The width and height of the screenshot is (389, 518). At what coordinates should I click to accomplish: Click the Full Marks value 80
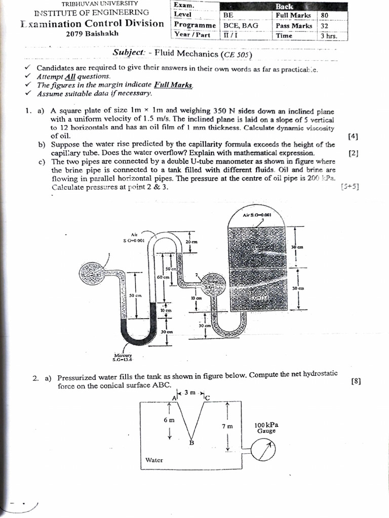pos(325,15)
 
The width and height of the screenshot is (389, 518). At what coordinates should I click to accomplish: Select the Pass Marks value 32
pos(325,25)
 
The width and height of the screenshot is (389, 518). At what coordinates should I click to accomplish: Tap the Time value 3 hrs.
pos(328,35)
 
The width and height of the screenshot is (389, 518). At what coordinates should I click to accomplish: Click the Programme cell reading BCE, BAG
pos(241,25)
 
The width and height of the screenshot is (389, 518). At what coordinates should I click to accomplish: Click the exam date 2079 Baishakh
pos(89,34)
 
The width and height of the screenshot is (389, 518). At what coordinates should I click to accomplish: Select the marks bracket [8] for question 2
pos(355,382)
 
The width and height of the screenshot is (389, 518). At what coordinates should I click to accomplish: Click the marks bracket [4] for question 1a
pos(353,136)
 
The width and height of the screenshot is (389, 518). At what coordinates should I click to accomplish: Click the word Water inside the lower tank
pos(154,460)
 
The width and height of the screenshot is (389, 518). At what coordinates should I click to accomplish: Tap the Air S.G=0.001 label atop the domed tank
pos(257,214)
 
